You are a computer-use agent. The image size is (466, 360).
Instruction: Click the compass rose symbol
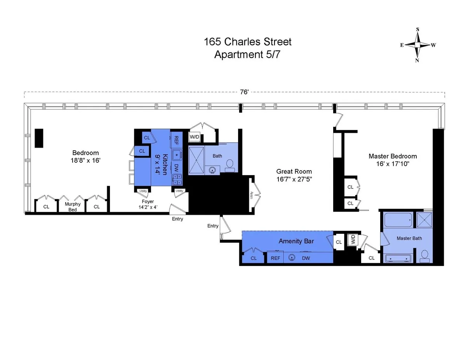pyautogui.click(x=417, y=45)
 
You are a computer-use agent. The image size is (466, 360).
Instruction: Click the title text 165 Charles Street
pyautogui.click(x=247, y=42)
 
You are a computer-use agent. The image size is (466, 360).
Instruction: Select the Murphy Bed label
pyautogui.click(x=70, y=207)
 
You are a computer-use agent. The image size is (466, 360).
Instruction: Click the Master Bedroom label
pyautogui.click(x=393, y=156)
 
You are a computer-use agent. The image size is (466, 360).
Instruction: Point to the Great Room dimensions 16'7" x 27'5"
pyautogui.click(x=294, y=179)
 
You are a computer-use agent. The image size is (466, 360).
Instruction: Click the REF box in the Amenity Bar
pyautogui.click(x=275, y=258)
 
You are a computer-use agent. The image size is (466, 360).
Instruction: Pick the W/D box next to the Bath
pyautogui.click(x=194, y=137)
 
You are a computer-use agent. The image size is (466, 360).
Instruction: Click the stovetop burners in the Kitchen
pyautogui.click(x=177, y=179)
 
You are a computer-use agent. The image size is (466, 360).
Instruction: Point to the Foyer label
pyautogui.click(x=148, y=202)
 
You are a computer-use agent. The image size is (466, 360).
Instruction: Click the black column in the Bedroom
pyautogui.click(x=39, y=138)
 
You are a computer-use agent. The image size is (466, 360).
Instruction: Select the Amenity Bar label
pyautogui.click(x=296, y=241)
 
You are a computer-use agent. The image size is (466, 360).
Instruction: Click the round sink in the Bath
pyautogui.click(x=212, y=170)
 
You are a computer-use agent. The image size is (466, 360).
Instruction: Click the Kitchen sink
pyautogui.click(x=177, y=154)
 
